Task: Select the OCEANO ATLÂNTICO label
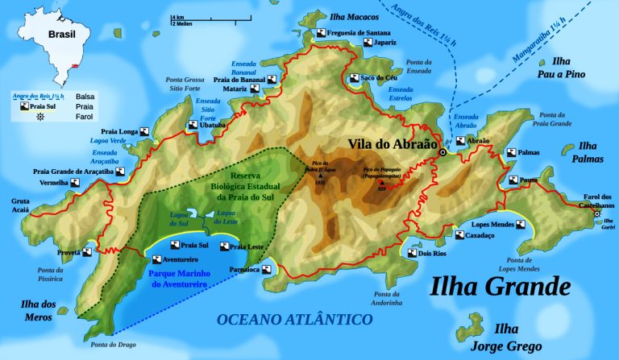[295, 320]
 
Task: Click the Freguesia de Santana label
[360, 32]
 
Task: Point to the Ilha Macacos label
[349, 16]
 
